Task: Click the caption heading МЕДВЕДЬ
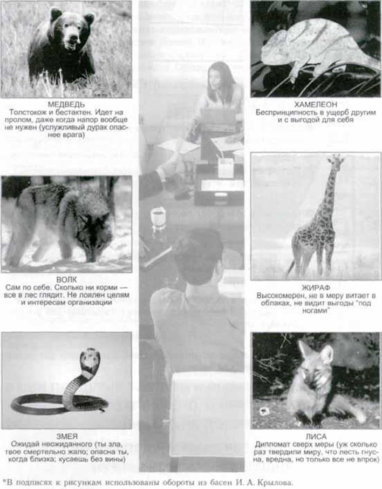[x=66, y=104]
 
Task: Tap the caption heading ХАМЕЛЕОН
[x=316, y=104]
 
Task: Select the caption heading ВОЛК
[x=66, y=279]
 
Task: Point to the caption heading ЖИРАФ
[x=316, y=287]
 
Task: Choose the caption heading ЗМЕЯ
[x=66, y=436]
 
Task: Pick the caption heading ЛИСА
[x=316, y=437]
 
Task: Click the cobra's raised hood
[x=90, y=359]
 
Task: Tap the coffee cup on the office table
[x=158, y=217]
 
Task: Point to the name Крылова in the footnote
[x=278, y=483]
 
